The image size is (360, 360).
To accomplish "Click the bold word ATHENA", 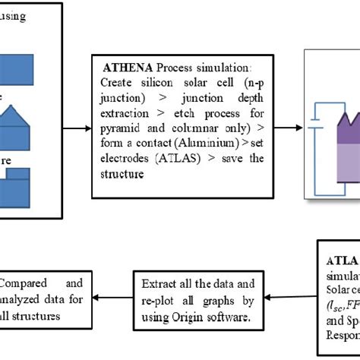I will (116, 66).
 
